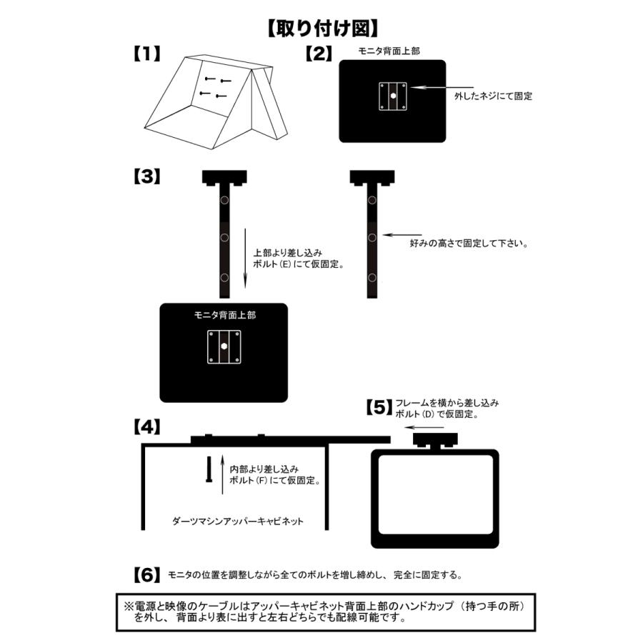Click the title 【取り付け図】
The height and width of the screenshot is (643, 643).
click(322, 29)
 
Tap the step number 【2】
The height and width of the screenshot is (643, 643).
click(318, 54)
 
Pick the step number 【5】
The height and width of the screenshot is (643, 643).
click(379, 408)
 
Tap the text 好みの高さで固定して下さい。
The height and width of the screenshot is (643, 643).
click(469, 243)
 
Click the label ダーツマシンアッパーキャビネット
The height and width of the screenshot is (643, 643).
click(239, 521)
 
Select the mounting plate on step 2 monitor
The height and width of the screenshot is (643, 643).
click(393, 96)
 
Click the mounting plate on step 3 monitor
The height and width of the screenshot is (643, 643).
click(224, 347)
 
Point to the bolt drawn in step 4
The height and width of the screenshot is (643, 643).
click(208, 469)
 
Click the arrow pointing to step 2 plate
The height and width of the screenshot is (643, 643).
click(436, 86)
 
